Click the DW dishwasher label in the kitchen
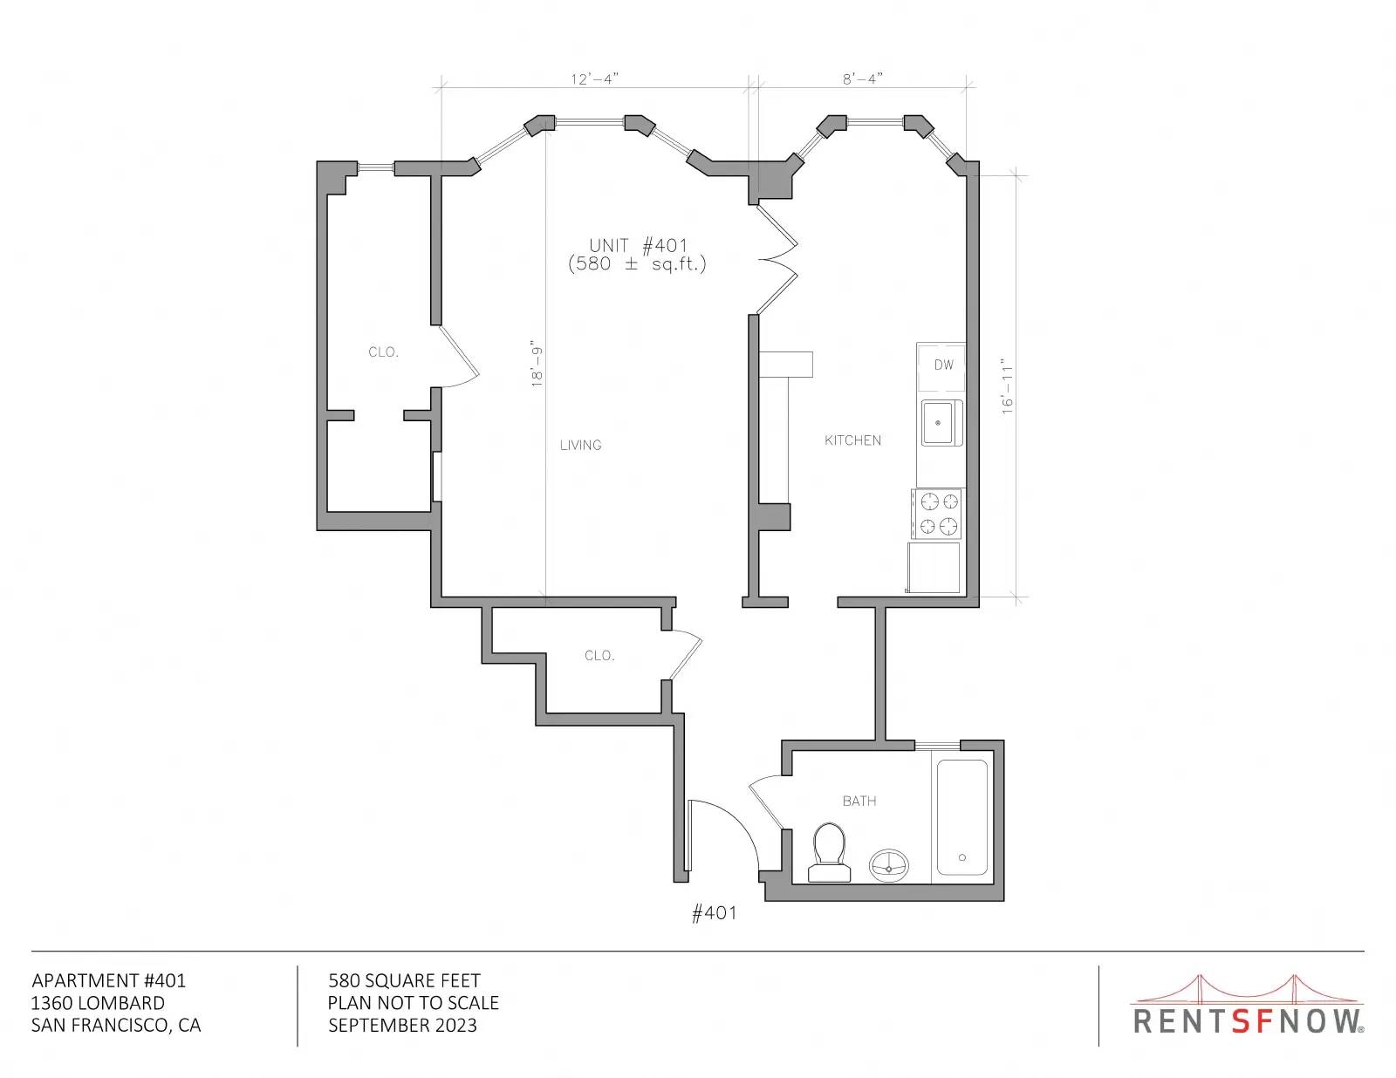pyautogui.click(x=943, y=365)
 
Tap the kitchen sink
pyautogui.click(x=941, y=422)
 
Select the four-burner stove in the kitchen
pyautogui.click(x=937, y=514)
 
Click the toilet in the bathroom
pyautogui.click(x=829, y=853)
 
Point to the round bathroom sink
pyautogui.click(x=889, y=864)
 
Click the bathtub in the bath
pyautogui.click(x=961, y=817)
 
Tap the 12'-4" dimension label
pyautogui.click(x=594, y=79)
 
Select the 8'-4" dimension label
pyautogui.click(x=863, y=79)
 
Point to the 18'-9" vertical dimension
pyautogui.click(x=537, y=364)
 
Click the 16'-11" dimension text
pyautogui.click(x=1007, y=385)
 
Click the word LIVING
pyautogui.click(x=581, y=445)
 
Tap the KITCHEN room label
pyautogui.click(x=852, y=440)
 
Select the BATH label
pyautogui.click(x=859, y=801)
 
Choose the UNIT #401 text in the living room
pyautogui.click(x=638, y=245)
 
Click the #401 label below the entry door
pyautogui.click(x=714, y=913)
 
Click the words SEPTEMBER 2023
pyautogui.click(x=403, y=1026)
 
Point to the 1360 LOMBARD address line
pyautogui.click(x=98, y=1003)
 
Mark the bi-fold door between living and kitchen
pyautogui.click(x=777, y=259)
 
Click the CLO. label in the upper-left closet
pyautogui.click(x=383, y=351)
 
